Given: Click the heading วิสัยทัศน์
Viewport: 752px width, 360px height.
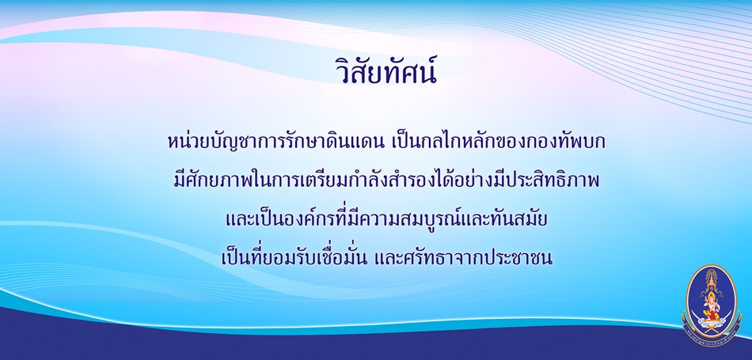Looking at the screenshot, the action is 386,72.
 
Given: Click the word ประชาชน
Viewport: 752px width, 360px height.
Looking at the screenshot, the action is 513,259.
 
